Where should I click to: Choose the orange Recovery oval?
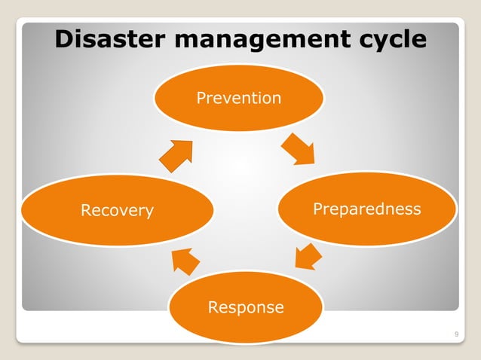[x=117, y=210]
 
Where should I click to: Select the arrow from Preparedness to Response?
[x=308, y=256]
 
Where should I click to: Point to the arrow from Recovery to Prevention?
[x=176, y=154]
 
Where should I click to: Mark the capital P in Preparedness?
[x=317, y=209]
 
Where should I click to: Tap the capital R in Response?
[x=213, y=307]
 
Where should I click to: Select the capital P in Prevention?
[x=201, y=98]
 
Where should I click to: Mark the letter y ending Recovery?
[x=149, y=212]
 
